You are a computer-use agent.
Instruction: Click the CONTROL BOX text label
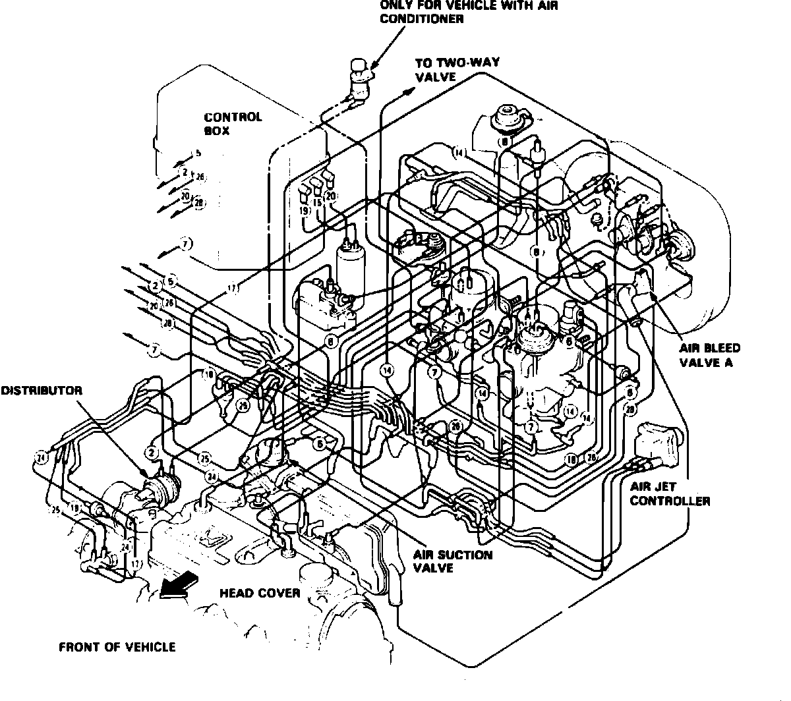[x=232, y=124]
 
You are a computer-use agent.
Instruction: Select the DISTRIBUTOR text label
[x=41, y=391]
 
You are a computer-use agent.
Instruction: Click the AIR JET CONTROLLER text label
[x=670, y=494]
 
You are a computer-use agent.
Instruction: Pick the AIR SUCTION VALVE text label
[x=453, y=561]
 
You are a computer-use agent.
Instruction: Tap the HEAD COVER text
[x=259, y=593]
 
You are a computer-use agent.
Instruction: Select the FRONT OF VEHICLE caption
[x=117, y=646]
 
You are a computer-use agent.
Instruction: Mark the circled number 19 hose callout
[x=304, y=211]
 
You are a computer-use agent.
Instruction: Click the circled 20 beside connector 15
[x=331, y=196]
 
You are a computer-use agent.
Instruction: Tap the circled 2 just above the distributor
[x=151, y=453]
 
